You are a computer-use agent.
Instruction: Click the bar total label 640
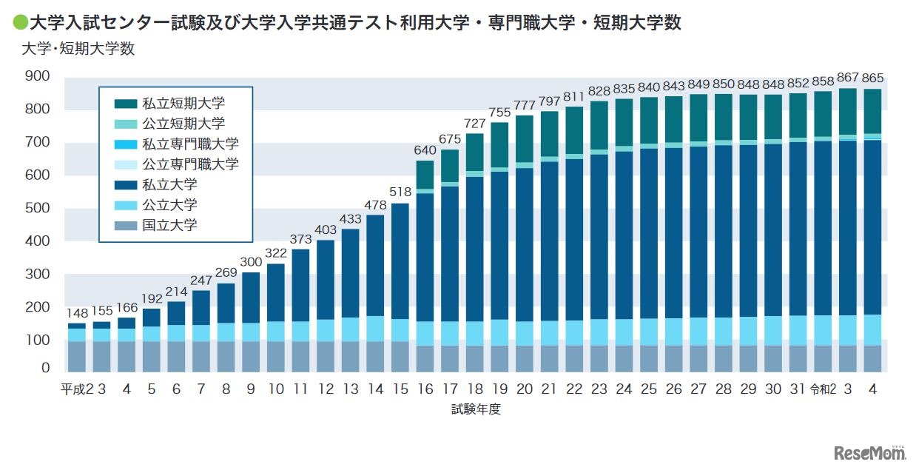(x=425, y=150)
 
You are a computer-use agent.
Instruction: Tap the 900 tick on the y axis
(x=36, y=76)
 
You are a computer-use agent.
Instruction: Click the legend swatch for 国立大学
(x=126, y=226)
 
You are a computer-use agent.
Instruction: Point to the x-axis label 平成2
(x=76, y=389)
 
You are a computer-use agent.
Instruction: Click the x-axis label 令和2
(x=823, y=389)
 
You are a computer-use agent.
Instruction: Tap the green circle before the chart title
(x=20, y=24)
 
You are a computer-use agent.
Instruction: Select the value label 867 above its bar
(x=848, y=78)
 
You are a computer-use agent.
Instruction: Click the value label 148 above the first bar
(x=77, y=313)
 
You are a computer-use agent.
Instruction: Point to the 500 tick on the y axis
(x=36, y=208)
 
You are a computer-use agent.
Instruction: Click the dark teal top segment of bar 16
(x=425, y=175)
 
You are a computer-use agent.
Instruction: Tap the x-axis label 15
(x=400, y=389)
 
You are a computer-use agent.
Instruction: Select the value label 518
(x=400, y=192)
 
